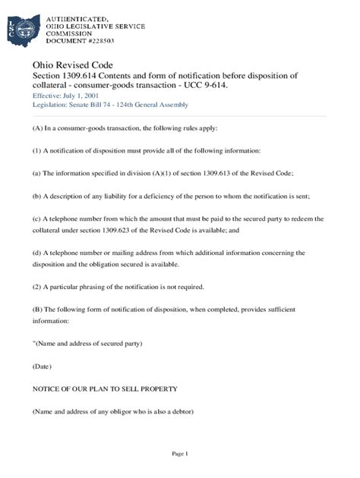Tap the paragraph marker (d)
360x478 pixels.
36,253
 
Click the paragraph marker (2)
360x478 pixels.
37,286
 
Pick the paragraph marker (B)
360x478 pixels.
37,310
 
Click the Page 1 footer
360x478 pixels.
179,453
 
